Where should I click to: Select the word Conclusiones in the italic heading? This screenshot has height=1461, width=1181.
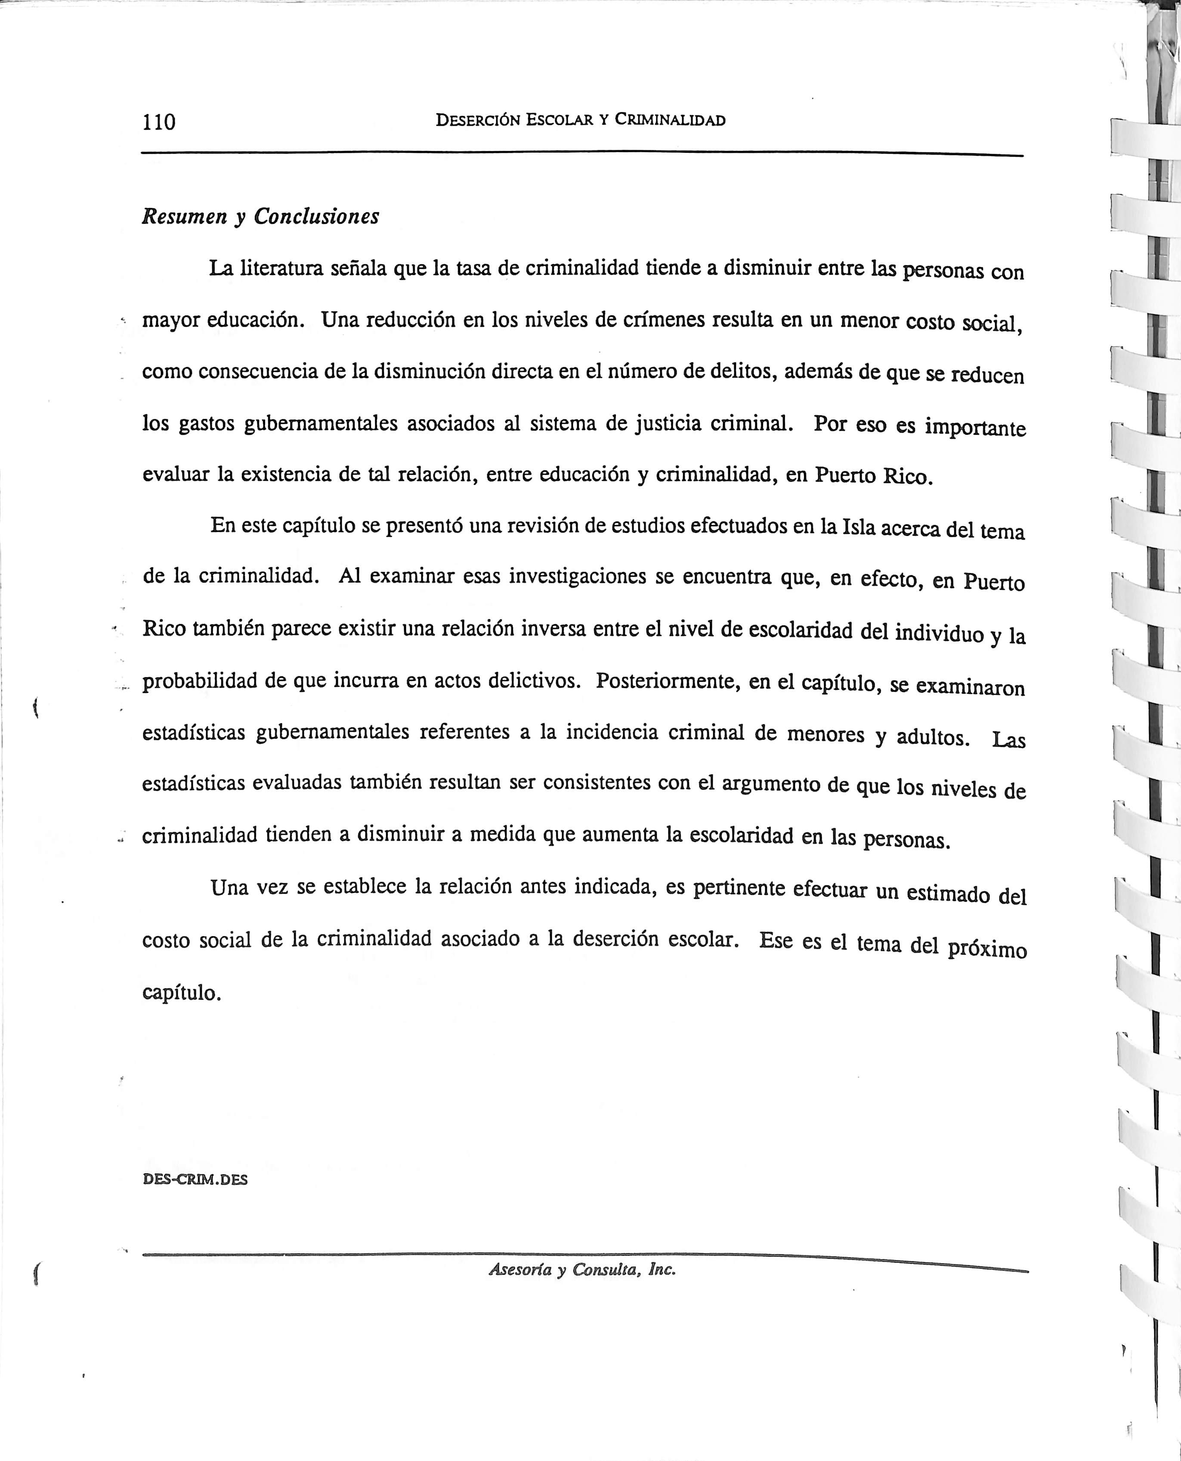tap(316, 217)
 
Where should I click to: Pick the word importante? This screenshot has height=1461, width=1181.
tap(974, 427)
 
